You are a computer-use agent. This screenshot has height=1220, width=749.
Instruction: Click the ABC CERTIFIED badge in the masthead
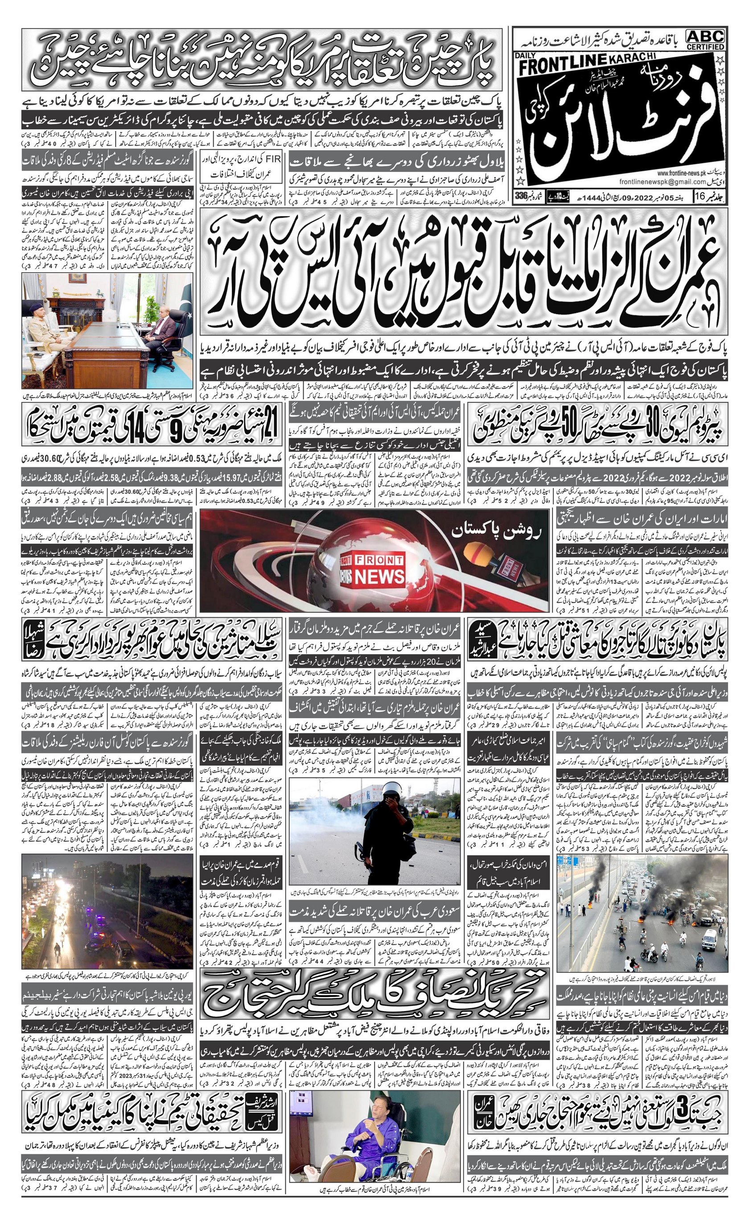pyautogui.click(x=705, y=39)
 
